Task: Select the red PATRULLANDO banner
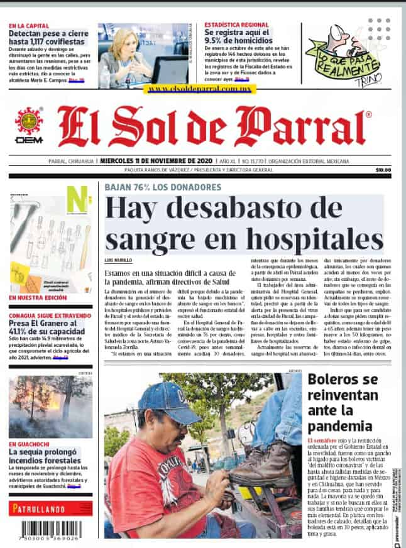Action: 50,508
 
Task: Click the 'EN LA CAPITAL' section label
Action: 29,26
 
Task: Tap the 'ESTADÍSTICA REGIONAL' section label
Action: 237,25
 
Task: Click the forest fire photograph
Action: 50,407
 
